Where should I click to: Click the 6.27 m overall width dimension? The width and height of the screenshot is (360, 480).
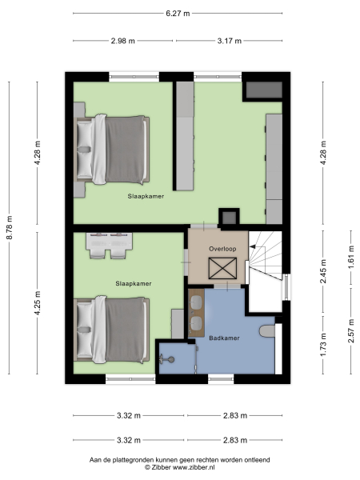click(x=178, y=13)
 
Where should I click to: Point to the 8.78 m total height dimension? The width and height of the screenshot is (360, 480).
click(x=10, y=227)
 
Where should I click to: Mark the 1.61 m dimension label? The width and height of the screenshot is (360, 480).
click(x=350, y=267)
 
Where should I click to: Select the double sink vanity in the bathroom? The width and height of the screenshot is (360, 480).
click(x=197, y=312)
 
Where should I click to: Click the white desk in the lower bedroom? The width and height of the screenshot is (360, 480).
click(x=107, y=239)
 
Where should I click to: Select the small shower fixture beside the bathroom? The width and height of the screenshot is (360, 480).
click(x=169, y=360)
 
